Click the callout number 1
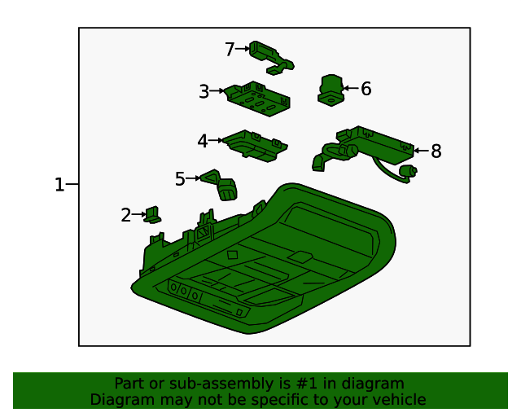coord(59,184)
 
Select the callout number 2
coord(126,215)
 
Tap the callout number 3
coord(204,91)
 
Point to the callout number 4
coord(203,141)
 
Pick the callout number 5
coord(180,179)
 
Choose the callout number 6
coord(366,89)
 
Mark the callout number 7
coord(230,49)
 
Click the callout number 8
coord(436,151)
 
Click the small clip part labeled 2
coord(152,215)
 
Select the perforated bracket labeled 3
coord(257,99)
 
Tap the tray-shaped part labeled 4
coord(255,146)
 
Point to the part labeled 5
coord(220,185)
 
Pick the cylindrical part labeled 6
coord(331,90)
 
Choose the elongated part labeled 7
coord(271,58)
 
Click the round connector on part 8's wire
coord(408,172)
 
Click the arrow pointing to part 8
coord(422,151)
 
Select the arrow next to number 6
coord(351,88)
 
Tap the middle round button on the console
coord(183,291)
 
